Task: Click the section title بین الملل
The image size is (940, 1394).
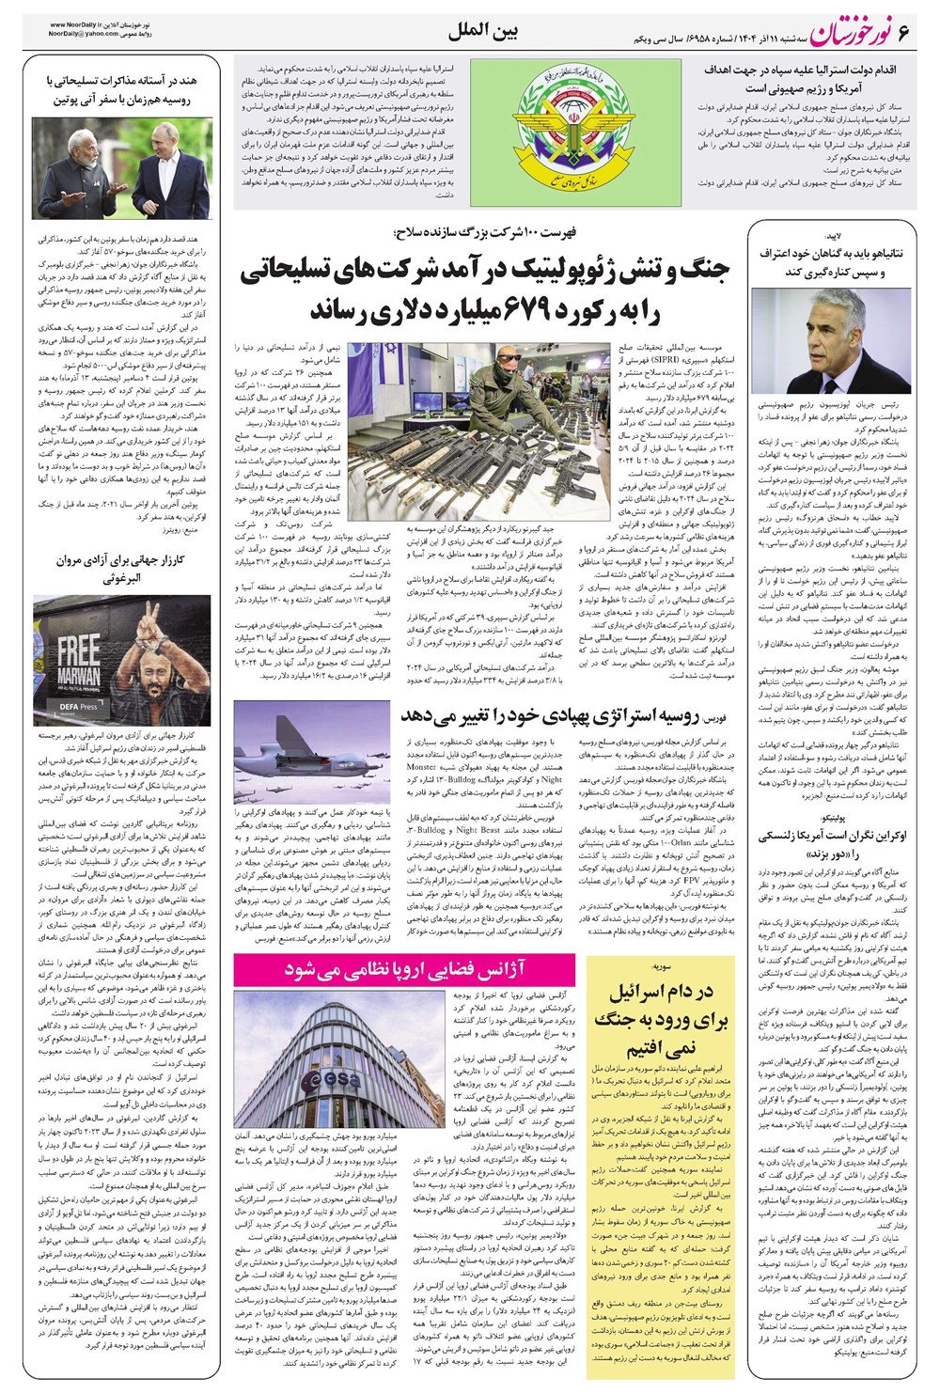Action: pos(485,32)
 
